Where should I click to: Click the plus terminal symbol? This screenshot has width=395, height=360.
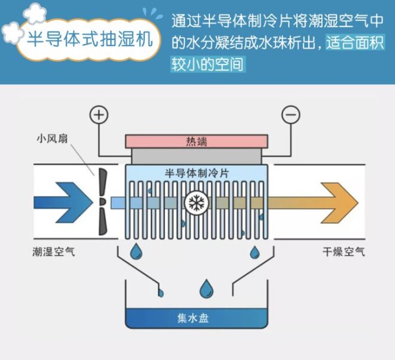pyautogui.click(x=99, y=115)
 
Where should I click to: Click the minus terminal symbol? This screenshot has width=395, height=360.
pyautogui.click(x=291, y=115)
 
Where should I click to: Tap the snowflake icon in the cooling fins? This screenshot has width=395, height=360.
pyautogui.click(x=196, y=203)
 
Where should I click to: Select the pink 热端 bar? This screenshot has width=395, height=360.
pyautogui.click(x=196, y=141)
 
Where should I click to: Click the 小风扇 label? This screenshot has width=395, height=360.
pyautogui.click(x=52, y=139)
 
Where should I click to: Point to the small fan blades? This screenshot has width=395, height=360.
pyautogui.click(x=103, y=202)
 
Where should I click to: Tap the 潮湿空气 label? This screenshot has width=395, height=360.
pyautogui.click(x=54, y=251)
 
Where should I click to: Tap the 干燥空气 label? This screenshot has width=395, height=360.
pyautogui.click(x=344, y=251)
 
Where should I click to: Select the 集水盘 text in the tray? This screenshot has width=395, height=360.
pyautogui.click(x=193, y=318)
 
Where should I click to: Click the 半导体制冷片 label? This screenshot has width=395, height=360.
pyautogui.click(x=197, y=173)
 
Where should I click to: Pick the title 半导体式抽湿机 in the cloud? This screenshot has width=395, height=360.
pyautogui.click(x=90, y=39)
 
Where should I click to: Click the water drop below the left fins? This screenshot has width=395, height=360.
pyautogui.click(x=136, y=251)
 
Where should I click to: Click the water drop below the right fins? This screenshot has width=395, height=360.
pyautogui.click(x=255, y=252)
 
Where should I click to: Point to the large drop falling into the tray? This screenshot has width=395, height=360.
pyautogui.click(x=206, y=288)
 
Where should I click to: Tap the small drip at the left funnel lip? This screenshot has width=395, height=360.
pyautogui.click(x=161, y=293)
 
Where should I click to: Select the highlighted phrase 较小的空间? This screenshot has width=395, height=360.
pyautogui.click(x=208, y=64)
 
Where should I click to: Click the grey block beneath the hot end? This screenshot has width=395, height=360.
pyautogui.click(x=196, y=156)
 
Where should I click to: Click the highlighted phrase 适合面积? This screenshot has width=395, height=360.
pyautogui.click(x=355, y=42)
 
